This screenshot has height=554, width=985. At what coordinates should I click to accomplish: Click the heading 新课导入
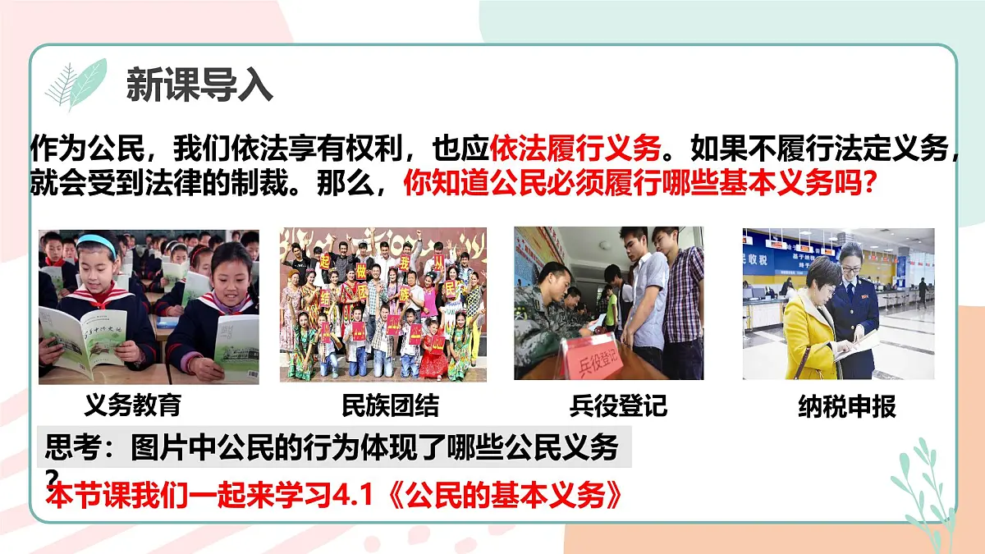point(199,83)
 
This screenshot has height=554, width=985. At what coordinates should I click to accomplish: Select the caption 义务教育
point(132,405)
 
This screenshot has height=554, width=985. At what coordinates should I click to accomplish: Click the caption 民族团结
point(390,405)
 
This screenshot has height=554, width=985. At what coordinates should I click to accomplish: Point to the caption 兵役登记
point(617,405)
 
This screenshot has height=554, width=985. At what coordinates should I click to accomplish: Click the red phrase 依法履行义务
point(575,149)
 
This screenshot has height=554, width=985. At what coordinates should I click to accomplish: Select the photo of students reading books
point(149,306)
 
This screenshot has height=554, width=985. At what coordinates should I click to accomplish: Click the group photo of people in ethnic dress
point(383,304)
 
